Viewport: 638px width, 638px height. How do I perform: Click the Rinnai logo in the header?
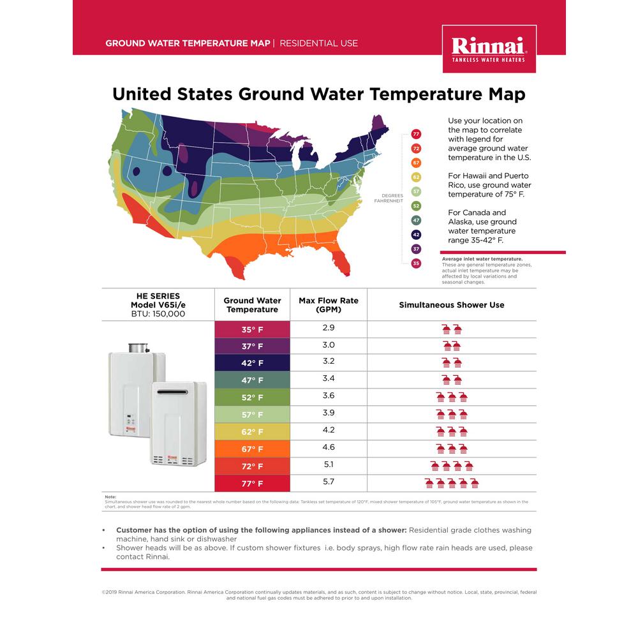click(x=489, y=48)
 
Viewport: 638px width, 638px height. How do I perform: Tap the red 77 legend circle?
click(x=416, y=134)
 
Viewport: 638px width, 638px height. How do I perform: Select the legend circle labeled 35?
click(x=416, y=263)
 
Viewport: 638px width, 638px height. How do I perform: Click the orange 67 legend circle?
click(x=416, y=163)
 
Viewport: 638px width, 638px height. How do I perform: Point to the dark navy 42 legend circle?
click(x=416, y=234)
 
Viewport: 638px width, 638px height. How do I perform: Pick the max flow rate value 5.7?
click(x=329, y=482)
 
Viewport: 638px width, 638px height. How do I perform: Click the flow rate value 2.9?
click(x=329, y=327)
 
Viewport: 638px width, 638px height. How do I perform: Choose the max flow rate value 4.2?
click(x=329, y=430)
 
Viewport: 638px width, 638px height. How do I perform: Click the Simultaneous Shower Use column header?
click(x=452, y=305)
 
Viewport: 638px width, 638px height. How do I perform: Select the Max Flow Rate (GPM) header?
click(x=329, y=305)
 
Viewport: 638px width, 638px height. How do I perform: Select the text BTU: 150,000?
click(x=158, y=314)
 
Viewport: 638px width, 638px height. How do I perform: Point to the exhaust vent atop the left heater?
click(x=138, y=348)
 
